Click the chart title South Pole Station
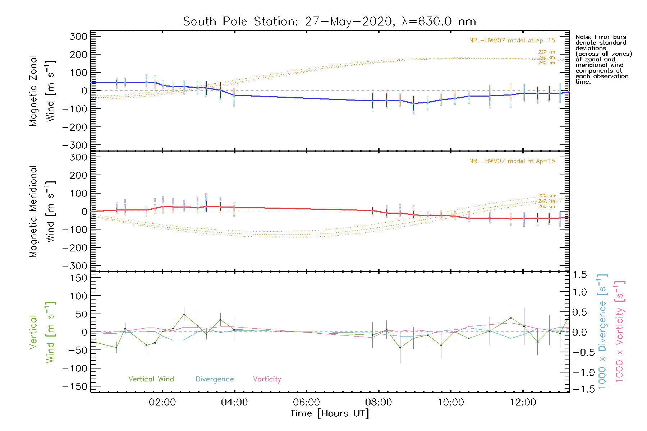tap(329, 22)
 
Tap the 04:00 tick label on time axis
tap(234, 402)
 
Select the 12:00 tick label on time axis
tap(523, 402)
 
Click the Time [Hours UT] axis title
tap(330, 413)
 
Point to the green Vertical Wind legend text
tap(151, 379)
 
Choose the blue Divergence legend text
tap(215, 379)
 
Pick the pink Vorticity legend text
tap(267, 379)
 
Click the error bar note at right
tap(603, 59)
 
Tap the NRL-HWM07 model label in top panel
tap(512, 40)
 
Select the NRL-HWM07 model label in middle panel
tap(512, 161)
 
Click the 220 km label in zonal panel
tap(546, 52)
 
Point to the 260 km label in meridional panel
tap(546, 207)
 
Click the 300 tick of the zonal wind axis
tap(79, 36)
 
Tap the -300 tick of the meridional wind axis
tap(75, 266)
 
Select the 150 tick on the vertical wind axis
tap(79, 278)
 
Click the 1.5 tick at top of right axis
tap(579, 275)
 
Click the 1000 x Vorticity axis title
tap(619, 332)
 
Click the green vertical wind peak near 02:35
tap(184, 314)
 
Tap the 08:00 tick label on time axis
tap(378, 402)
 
